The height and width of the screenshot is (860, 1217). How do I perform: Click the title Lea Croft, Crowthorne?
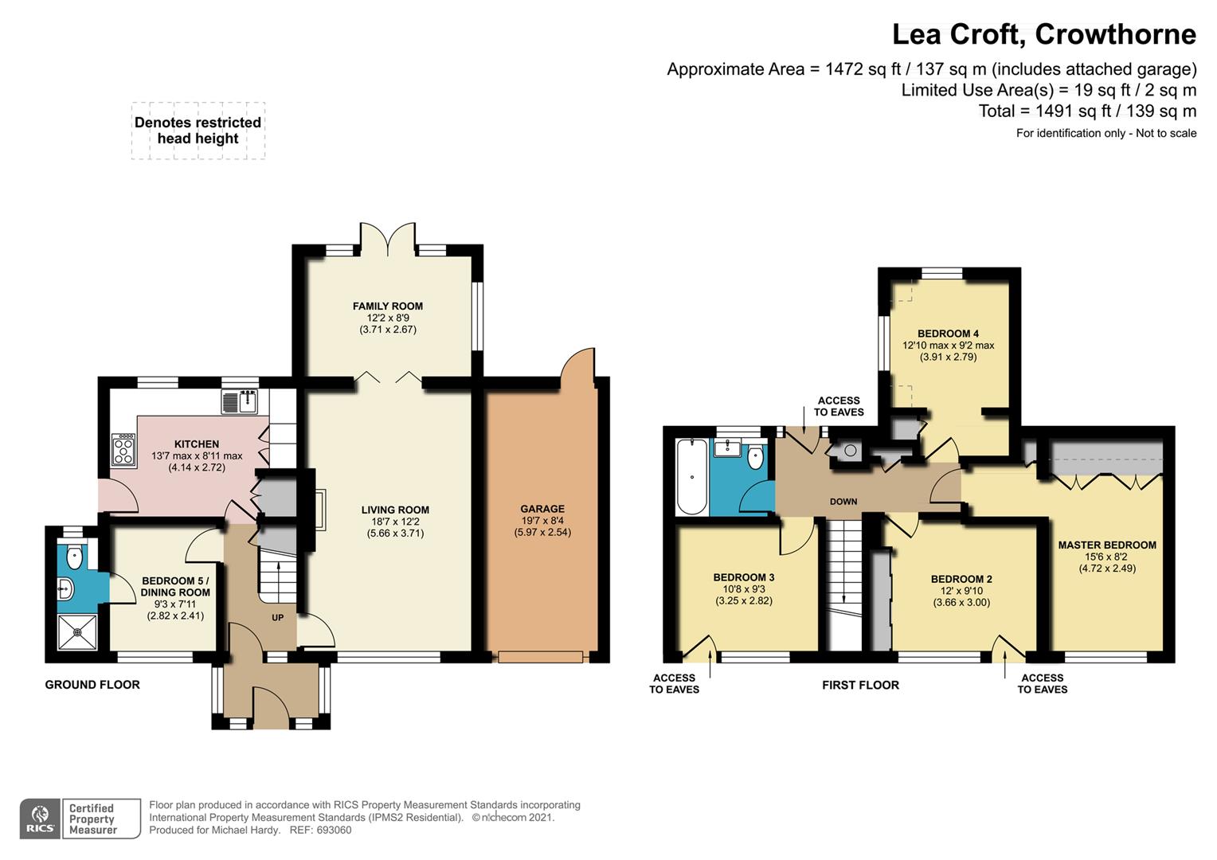click(1043, 35)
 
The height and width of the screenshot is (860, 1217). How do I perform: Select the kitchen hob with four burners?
click(124, 449)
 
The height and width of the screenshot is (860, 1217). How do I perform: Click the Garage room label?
click(542, 509)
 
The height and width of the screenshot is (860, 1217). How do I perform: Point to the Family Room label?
click(388, 307)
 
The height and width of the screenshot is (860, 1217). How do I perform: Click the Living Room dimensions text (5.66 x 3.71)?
click(395, 533)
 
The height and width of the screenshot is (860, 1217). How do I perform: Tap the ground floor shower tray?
click(77, 631)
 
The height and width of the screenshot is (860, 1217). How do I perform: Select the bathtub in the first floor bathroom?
click(691, 476)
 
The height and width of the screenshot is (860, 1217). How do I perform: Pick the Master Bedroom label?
click(1107, 545)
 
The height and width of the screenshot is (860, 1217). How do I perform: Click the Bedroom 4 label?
click(948, 334)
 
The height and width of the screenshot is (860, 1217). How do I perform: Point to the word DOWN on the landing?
click(843, 502)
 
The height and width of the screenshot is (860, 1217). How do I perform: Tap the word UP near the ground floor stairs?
click(278, 618)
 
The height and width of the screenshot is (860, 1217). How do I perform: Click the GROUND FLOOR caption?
click(92, 685)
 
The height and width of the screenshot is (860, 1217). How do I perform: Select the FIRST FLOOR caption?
click(861, 685)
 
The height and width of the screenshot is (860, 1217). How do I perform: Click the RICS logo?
click(40, 819)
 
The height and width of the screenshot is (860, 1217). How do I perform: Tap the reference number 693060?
click(334, 830)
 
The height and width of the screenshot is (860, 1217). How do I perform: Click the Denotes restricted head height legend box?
click(198, 131)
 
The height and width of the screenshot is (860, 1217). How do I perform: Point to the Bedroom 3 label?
click(744, 577)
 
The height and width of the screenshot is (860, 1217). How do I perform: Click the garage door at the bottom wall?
click(541, 657)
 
